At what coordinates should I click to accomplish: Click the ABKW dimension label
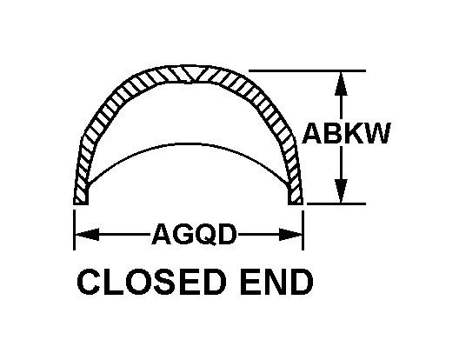tap(347, 133)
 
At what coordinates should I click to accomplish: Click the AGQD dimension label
tap(194, 234)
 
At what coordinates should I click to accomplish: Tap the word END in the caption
tap(276, 282)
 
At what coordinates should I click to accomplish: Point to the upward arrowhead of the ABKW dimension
tap(341, 83)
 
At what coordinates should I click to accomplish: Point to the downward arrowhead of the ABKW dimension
tap(341, 190)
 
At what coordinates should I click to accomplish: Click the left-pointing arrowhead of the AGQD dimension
tap(87, 234)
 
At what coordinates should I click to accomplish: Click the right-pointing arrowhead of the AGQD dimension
tap(290, 234)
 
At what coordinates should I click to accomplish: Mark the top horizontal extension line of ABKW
tap(307, 71)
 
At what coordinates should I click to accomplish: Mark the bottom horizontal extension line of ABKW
tap(336, 203)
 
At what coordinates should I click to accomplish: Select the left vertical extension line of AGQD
tap(75, 230)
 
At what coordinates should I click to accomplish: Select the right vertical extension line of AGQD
tap(303, 230)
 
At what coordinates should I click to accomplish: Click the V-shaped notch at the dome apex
tap(192, 77)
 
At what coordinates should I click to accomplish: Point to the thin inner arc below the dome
tap(188, 144)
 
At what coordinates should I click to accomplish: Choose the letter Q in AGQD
tap(204, 235)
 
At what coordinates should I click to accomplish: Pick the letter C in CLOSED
tap(89, 282)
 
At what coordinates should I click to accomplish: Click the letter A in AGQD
tap(162, 234)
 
